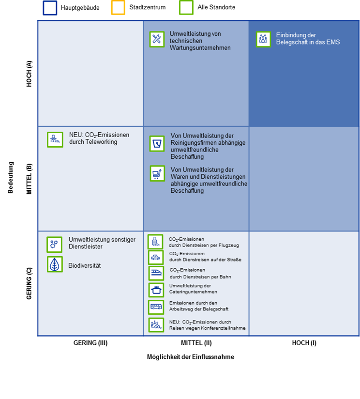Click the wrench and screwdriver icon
[x=157, y=40]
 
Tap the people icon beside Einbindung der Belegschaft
[x=263, y=39]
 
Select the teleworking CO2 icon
[x=55, y=139]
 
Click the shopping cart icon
[x=157, y=173]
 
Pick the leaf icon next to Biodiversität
[x=55, y=264]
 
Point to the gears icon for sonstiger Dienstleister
[x=54, y=245]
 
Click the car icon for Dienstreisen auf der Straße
[x=156, y=257]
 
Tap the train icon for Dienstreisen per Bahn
[x=156, y=273]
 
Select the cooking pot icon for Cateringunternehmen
[x=156, y=290]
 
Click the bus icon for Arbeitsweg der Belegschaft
[x=156, y=307]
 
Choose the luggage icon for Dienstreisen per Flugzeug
[x=155, y=242]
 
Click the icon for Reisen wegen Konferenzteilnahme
[x=156, y=325]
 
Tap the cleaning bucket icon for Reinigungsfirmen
[x=157, y=143]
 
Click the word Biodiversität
[x=84, y=266]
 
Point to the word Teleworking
[x=101, y=142]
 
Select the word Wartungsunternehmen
[x=200, y=48]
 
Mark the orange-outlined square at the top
[x=118, y=8]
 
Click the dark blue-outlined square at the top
[x=50, y=8]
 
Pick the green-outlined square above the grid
[x=186, y=8]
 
